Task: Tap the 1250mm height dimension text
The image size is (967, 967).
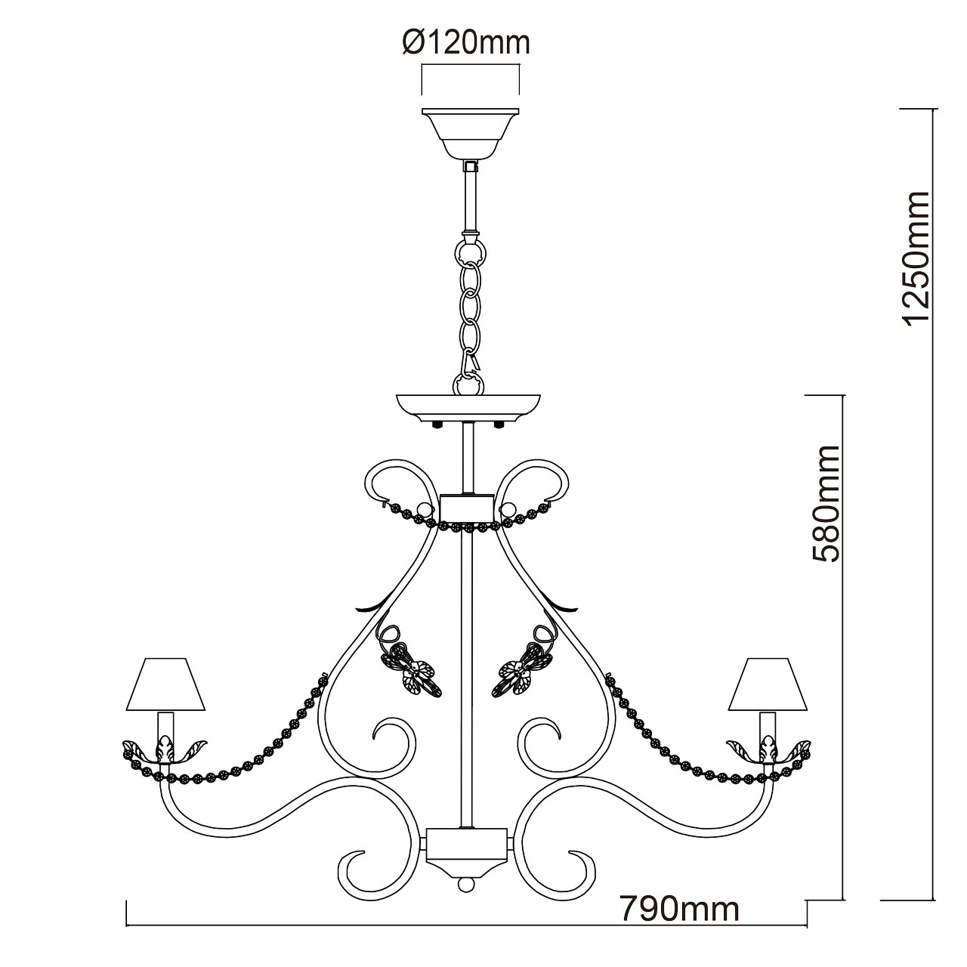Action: click(x=918, y=258)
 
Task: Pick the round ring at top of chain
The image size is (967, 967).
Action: click(x=469, y=249)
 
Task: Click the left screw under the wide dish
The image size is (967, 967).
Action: click(x=437, y=425)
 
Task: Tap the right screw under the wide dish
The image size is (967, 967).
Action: click(x=499, y=425)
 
